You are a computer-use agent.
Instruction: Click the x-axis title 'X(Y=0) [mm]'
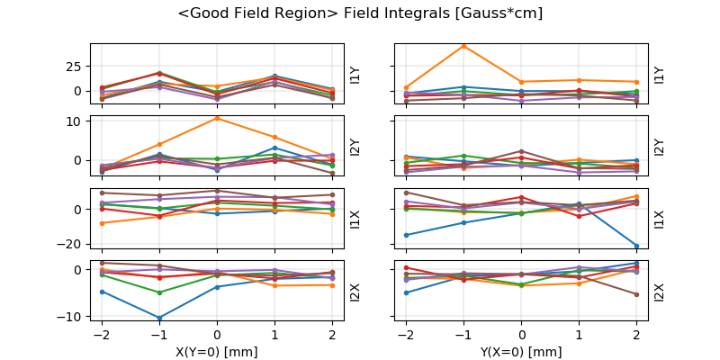(x=216, y=352)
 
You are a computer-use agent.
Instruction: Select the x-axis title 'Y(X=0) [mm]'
(x=521, y=352)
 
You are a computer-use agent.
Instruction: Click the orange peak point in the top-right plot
(x=463, y=45)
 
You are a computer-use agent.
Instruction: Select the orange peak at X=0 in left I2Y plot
(x=217, y=118)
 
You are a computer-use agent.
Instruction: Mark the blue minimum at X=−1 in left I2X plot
(x=158, y=318)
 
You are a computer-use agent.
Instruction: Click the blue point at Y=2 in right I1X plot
(x=636, y=246)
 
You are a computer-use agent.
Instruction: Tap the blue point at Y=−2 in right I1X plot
(x=406, y=235)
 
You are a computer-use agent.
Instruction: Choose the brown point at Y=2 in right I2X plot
(x=636, y=294)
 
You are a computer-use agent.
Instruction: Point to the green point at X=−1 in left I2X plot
(x=158, y=292)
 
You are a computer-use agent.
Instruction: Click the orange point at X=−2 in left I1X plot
(x=101, y=223)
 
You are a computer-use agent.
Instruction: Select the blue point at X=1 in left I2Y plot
(x=274, y=148)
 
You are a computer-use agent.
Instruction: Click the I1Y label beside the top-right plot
(x=660, y=75)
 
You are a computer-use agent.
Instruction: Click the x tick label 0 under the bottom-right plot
(x=521, y=332)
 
